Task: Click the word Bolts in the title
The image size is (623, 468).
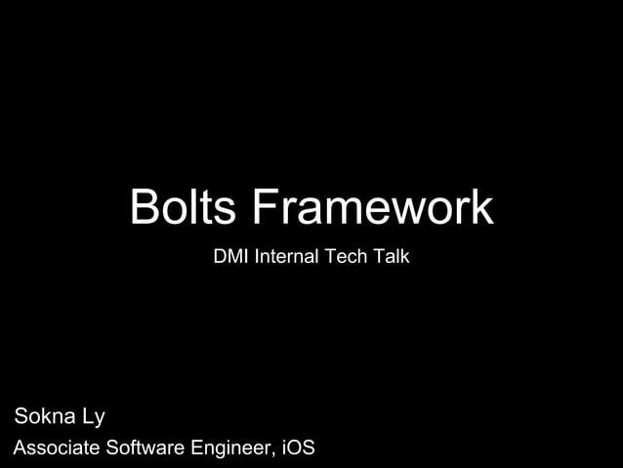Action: pos(184,208)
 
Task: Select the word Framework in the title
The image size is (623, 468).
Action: pos(371,208)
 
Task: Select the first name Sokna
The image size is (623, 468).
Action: pos(46,417)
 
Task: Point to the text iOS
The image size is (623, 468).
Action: pos(298,448)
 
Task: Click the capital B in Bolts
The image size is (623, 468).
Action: pos(145,208)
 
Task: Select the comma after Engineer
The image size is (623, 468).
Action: pos(273,455)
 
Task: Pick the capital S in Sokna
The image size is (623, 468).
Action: pos(21,417)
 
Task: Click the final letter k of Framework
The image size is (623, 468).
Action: pos(482,208)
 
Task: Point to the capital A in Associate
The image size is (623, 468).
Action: pos(19,448)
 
